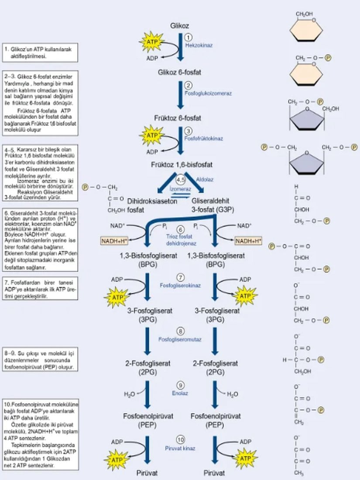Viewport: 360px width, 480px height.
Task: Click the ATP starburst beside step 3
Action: (x=153, y=136)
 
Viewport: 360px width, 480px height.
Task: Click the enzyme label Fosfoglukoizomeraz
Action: (x=208, y=93)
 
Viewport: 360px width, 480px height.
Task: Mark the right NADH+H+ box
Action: (x=248, y=241)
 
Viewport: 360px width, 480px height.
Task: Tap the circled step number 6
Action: (x=180, y=230)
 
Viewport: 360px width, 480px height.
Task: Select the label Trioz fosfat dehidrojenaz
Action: (x=180, y=240)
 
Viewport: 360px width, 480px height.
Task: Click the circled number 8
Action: (x=180, y=331)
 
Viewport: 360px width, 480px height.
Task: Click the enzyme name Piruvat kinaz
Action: (x=180, y=448)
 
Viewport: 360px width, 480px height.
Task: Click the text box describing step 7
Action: (x=39, y=289)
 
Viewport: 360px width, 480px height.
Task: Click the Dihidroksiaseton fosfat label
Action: (x=146, y=205)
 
